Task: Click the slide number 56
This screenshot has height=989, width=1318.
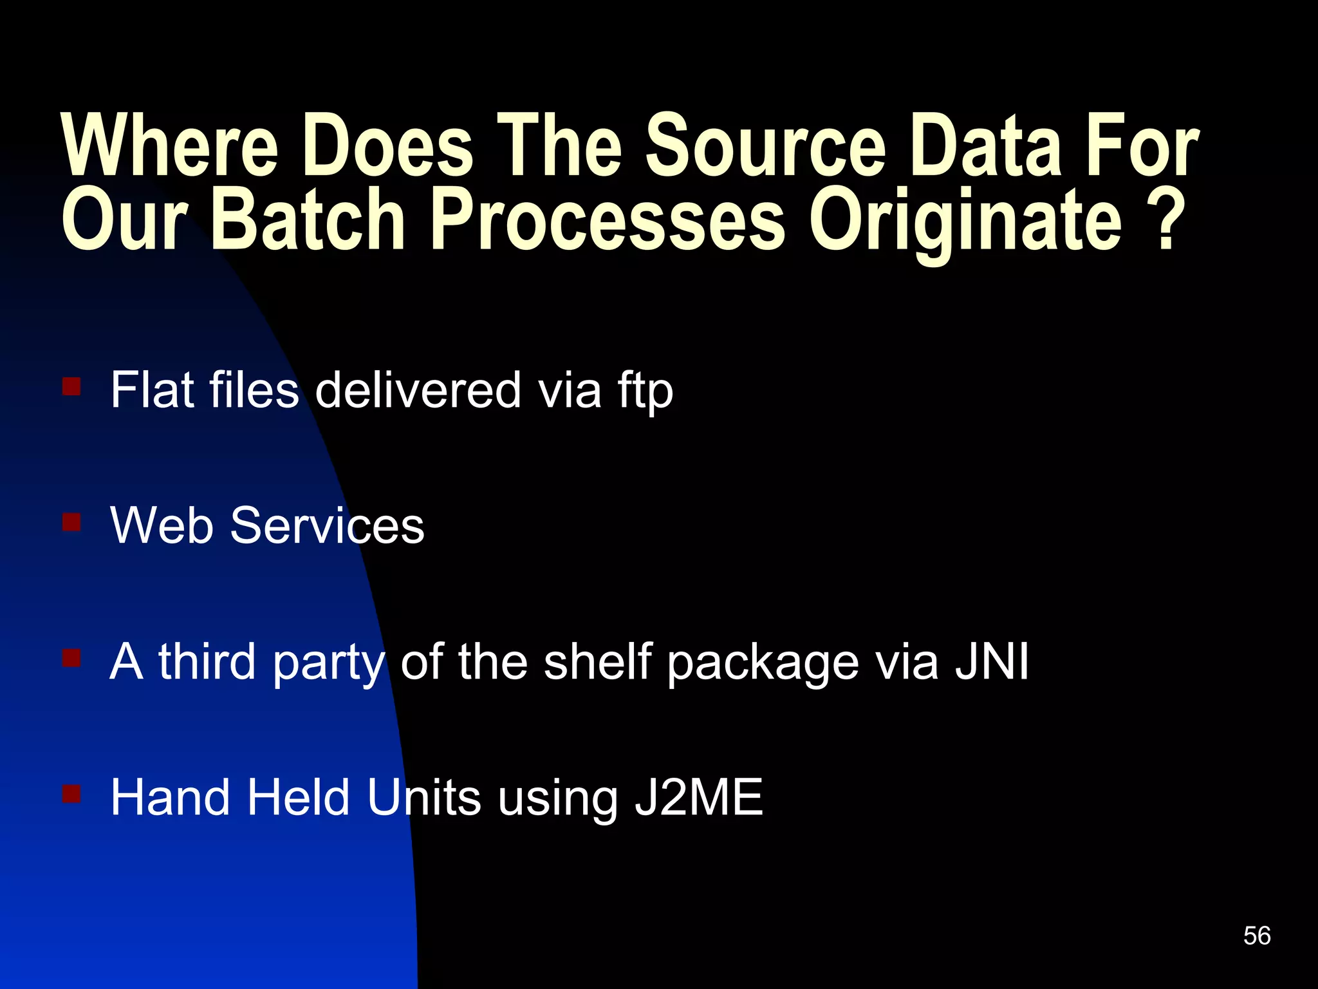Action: coord(1257,936)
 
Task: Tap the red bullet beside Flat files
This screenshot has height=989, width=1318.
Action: coord(71,386)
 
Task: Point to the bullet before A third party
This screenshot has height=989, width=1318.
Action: coord(71,657)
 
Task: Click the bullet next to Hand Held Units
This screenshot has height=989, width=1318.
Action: coord(71,793)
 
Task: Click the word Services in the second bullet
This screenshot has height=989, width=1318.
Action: coord(327,525)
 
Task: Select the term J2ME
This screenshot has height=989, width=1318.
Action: coord(698,797)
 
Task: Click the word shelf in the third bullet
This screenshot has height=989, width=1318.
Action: coord(597,661)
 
